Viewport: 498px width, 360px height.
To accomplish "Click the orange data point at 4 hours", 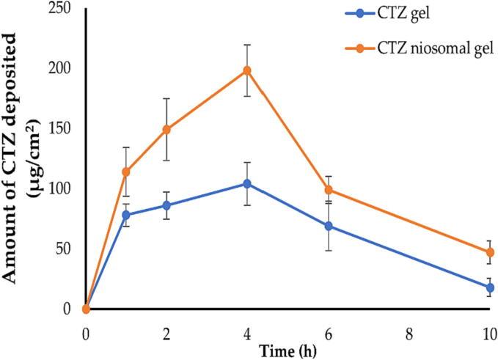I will [x=247, y=70].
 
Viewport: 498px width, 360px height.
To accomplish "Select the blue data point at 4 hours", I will [x=247, y=183].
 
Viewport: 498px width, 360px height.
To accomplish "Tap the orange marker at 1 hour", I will [x=126, y=172].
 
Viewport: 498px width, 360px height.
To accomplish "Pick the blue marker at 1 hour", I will [x=126, y=215].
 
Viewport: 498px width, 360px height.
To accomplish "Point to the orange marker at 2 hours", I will [x=166, y=130].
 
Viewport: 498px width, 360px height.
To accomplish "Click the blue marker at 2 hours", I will [x=166, y=205].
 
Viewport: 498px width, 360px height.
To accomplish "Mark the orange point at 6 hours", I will [x=328, y=190].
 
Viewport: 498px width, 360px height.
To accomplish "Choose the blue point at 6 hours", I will [x=328, y=226].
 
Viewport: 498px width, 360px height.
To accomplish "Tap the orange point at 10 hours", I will [x=490, y=252].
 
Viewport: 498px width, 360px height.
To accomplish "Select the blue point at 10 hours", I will [x=490, y=287].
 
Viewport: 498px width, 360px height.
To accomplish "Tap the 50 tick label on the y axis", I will [x=65, y=249].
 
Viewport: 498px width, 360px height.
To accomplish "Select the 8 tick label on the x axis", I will [x=409, y=331].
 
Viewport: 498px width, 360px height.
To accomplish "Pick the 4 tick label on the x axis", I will [x=247, y=331].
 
